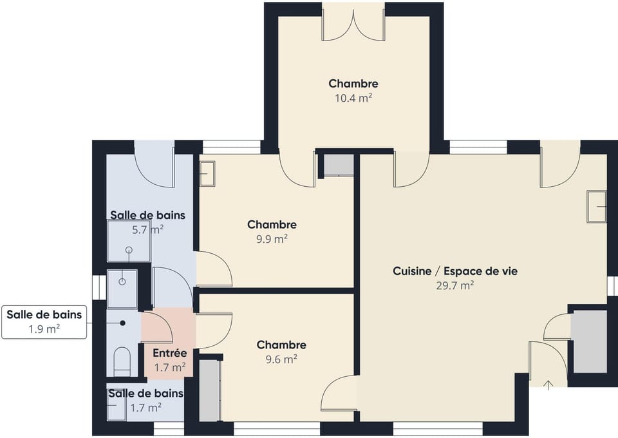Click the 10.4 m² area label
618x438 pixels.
[353, 98]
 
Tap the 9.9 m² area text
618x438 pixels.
[272, 239]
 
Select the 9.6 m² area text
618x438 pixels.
[281, 359]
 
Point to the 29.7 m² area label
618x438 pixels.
[455, 285]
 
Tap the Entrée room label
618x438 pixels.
[170, 353]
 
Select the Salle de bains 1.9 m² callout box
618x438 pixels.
[44, 321]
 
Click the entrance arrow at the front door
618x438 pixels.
[548, 385]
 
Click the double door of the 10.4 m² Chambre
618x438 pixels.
[353, 25]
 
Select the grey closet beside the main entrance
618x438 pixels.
[590, 341]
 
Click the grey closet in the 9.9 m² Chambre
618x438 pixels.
[339, 166]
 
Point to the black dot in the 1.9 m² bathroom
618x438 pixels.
[122, 323]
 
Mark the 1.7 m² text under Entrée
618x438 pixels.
[170, 368]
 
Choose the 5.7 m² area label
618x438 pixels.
[148, 229]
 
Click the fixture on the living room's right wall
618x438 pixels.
[596, 207]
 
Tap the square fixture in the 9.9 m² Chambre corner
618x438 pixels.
[207, 173]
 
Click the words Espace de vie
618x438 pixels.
[480, 271]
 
